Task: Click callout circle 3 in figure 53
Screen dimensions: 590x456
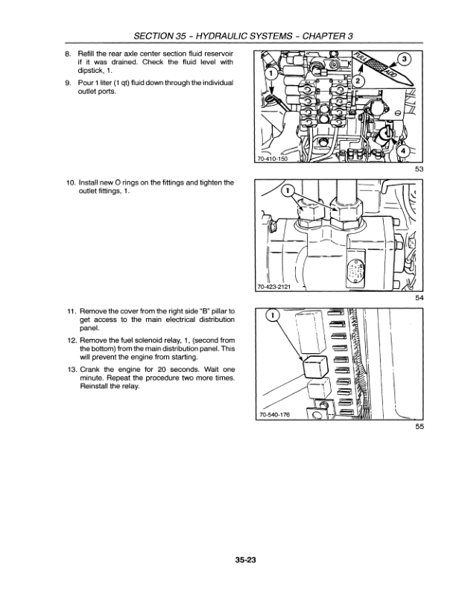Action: [x=402, y=59]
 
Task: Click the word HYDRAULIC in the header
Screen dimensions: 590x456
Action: [x=198, y=34]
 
